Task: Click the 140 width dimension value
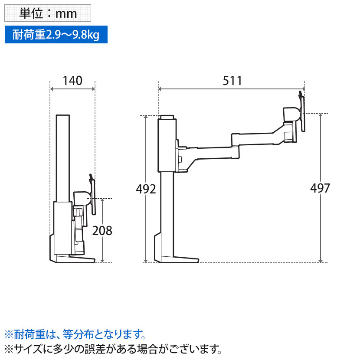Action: click(x=72, y=80)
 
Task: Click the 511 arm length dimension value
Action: click(x=232, y=80)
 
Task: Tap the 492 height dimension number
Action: click(x=146, y=189)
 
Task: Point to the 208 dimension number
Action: click(x=102, y=231)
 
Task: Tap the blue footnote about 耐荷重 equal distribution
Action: click(x=74, y=334)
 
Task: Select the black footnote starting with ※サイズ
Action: click(x=113, y=348)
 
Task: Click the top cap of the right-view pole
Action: click(x=167, y=118)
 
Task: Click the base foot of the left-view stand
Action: click(x=72, y=259)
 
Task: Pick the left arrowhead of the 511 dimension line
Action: click(x=160, y=89)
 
